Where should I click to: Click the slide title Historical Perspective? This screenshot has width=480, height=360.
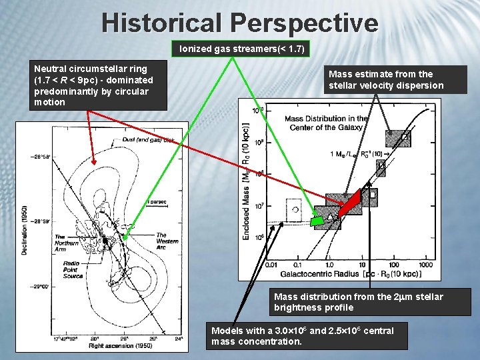(240, 23)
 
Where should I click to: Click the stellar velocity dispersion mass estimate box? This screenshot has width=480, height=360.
(385, 80)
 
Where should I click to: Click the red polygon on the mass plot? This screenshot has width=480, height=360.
(351, 201)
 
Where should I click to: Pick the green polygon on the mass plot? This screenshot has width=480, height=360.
(319, 219)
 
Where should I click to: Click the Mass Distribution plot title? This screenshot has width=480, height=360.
(326, 123)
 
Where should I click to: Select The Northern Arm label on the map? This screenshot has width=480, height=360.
(69, 241)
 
